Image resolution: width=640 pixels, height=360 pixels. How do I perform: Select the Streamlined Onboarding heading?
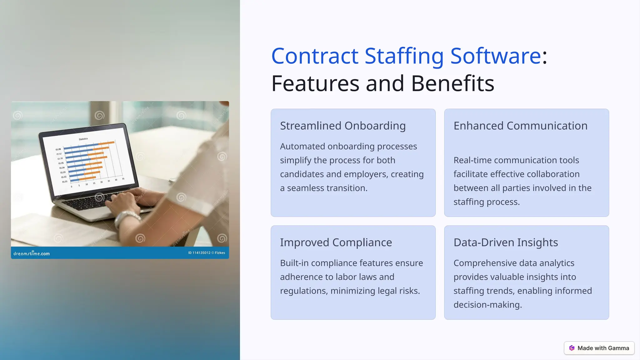click(342, 126)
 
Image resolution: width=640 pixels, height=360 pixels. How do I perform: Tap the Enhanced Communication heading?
click(520, 126)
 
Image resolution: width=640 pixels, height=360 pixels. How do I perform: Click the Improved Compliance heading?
click(336, 242)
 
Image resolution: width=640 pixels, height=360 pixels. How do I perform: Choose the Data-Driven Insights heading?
click(505, 242)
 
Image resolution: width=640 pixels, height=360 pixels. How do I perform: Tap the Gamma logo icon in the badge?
click(572, 348)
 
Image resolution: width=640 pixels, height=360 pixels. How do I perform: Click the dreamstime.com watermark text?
click(32, 253)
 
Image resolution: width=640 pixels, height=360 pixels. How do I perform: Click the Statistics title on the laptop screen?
click(83, 139)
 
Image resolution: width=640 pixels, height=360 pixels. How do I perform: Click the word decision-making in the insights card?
click(487, 305)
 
